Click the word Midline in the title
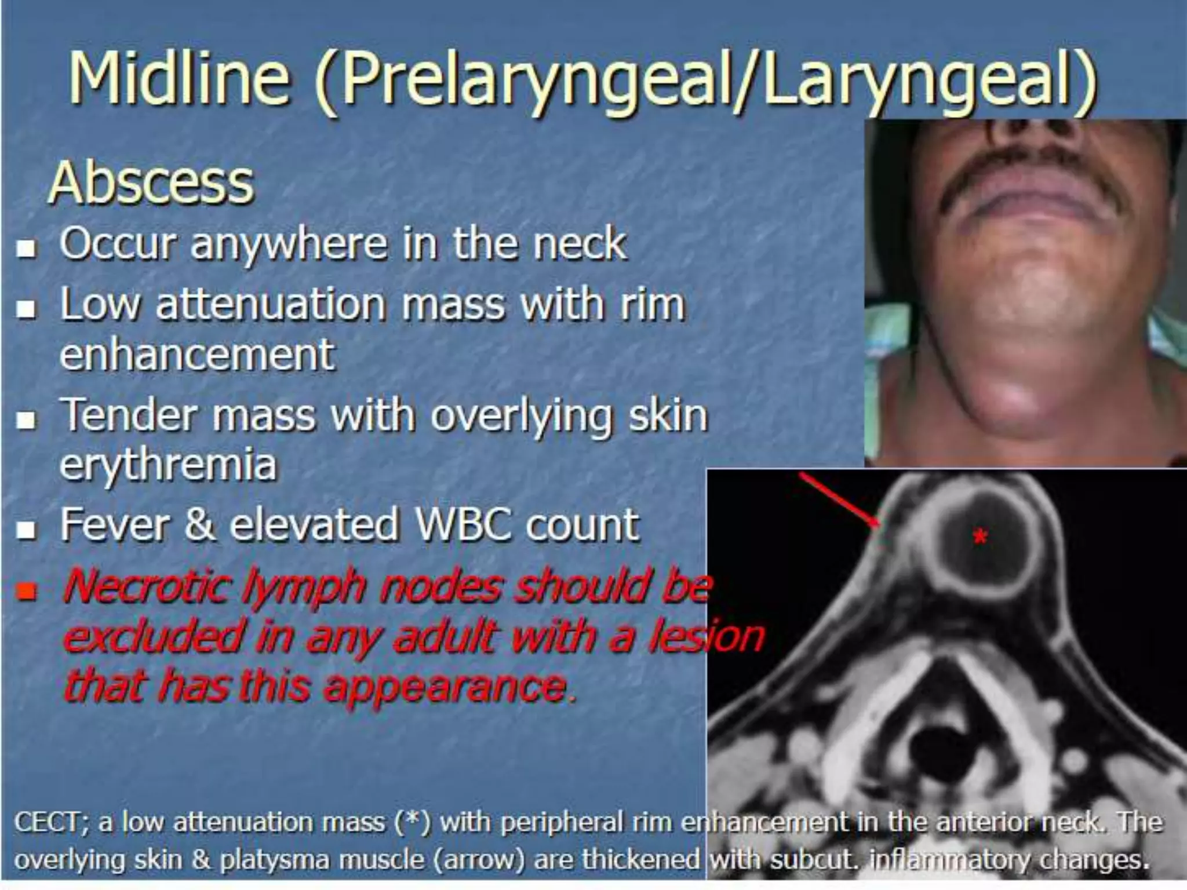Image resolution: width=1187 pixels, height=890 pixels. (179, 78)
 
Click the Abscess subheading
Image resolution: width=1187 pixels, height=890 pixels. (151, 183)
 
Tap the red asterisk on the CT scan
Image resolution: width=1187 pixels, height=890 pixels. (980, 537)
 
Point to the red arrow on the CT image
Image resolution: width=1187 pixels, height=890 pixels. (840, 501)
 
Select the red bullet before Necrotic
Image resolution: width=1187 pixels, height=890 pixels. (27, 592)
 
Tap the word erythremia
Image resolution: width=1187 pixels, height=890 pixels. (168, 465)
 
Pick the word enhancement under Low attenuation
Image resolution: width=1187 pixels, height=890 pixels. (197, 355)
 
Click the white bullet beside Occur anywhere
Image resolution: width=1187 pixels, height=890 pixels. (26, 249)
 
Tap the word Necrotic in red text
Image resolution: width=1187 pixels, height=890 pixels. (145, 586)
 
